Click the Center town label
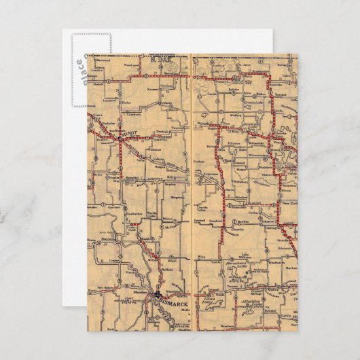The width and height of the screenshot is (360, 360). [x=113, y=259]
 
